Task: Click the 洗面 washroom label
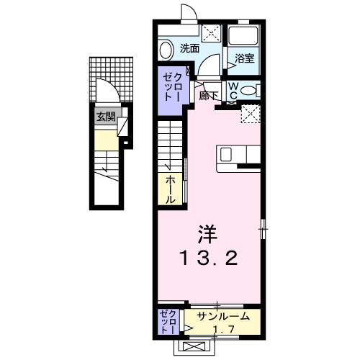coord(190,49)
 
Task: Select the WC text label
coord(234,91)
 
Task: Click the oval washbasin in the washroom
coord(166,50)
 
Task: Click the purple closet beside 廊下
coord(173,86)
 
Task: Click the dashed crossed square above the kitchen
coord(251,114)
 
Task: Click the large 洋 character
coord(207,233)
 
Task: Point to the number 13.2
coord(208,258)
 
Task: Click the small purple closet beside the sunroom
coord(166,321)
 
